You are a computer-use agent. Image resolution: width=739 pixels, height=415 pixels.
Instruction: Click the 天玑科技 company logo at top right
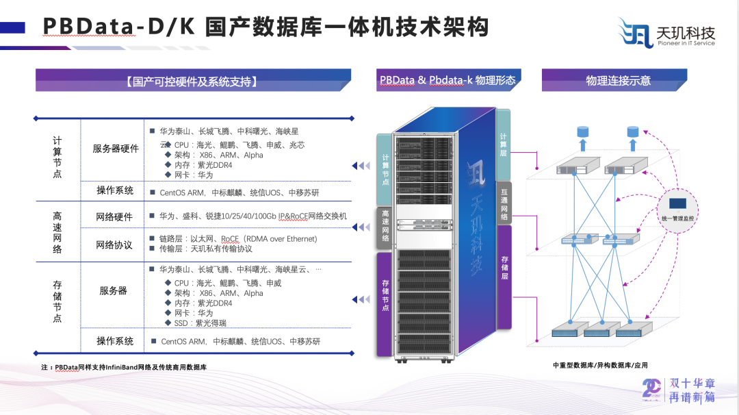tap(666, 33)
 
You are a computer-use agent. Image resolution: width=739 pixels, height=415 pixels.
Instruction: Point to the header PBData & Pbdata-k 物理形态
tap(448, 80)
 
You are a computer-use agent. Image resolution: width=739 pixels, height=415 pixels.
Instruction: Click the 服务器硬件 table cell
tap(116, 149)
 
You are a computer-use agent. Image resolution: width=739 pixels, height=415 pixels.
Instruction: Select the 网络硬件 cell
tap(114, 216)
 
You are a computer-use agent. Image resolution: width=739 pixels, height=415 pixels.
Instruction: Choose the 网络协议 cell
tap(114, 244)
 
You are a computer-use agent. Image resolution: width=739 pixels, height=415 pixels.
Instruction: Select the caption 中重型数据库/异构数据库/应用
tap(600, 365)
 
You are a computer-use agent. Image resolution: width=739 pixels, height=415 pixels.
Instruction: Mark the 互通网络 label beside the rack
tap(504, 203)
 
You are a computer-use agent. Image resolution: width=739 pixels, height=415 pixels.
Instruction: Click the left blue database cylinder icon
tap(583, 131)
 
